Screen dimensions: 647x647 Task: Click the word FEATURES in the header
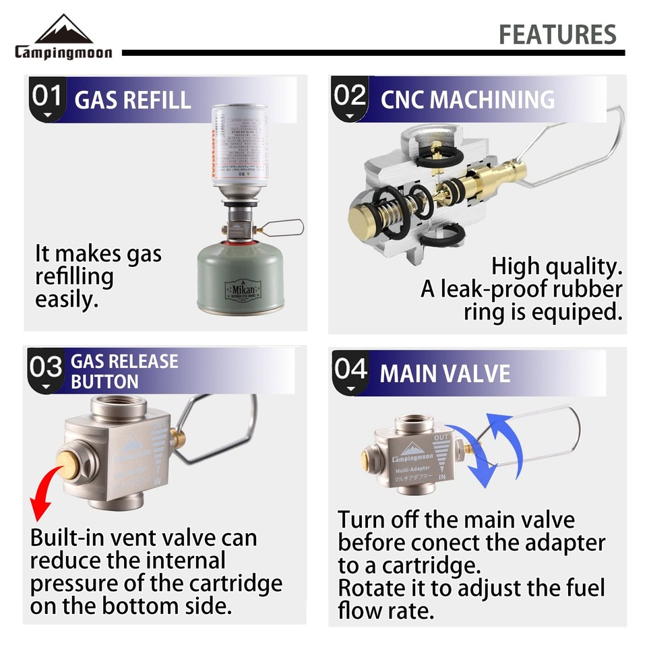[x=557, y=34]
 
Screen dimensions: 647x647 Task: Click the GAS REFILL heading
[x=133, y=100]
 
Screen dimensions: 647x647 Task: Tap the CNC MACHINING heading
[x=467, y=100]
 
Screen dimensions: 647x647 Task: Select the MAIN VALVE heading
[x=445, y=373]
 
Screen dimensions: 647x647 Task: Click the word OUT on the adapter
[x=442, y=437]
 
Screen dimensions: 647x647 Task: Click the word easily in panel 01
[x=67, y=299]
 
